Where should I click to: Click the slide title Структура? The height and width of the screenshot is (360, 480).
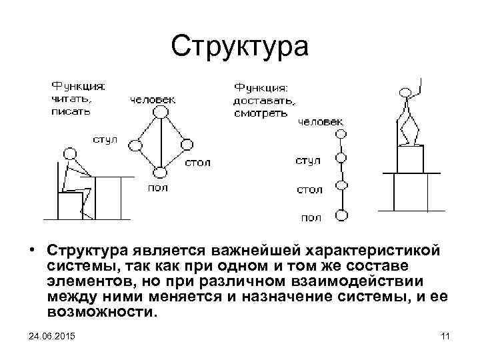coord(240,46)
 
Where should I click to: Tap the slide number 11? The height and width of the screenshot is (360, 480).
coord(446,335)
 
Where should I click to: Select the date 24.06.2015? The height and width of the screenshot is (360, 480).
coord(51,335)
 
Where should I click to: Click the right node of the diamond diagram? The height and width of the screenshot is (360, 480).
coord(187,144)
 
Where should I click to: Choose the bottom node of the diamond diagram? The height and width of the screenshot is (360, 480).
coord(159,173)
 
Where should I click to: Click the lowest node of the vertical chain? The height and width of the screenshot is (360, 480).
coord(341,215)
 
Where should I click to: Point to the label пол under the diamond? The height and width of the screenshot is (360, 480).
coord(157,188)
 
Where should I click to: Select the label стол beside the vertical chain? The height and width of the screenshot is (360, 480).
coord(309,189)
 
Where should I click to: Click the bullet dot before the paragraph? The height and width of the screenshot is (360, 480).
coord(33,251)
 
